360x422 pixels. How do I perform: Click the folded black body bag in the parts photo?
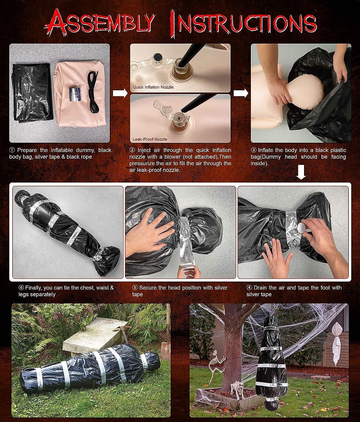tap(31, 93)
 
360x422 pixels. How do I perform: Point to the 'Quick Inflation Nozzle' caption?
tap(153, 87)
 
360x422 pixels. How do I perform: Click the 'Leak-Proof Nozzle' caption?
tap(150, 139)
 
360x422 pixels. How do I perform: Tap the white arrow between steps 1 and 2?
tap(120, 93)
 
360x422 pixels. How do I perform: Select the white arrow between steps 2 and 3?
tap(241, 93)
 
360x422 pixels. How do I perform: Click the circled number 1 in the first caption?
tap(12, 150)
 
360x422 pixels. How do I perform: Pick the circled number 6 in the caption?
tap(21, 288)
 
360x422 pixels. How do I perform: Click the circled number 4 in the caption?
tap(249, 288)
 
